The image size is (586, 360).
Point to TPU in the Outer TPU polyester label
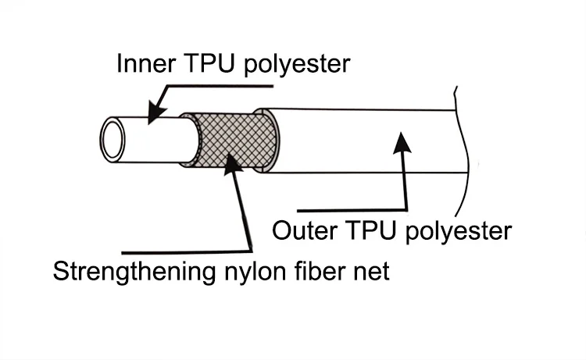[367, 230]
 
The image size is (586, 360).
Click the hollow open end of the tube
[114, 139]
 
